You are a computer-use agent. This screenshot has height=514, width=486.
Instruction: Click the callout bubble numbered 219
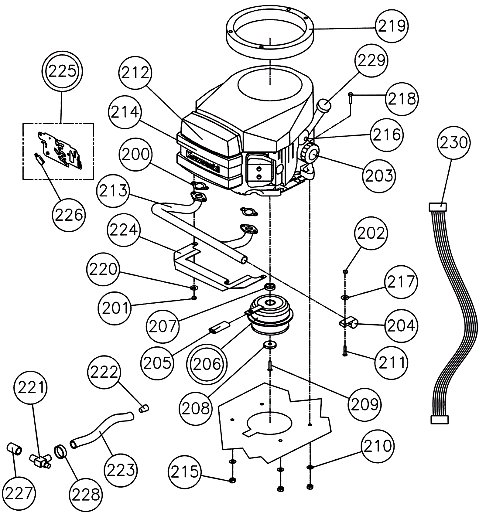pos(392,26)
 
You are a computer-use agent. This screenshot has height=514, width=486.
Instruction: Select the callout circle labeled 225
pos(62,72)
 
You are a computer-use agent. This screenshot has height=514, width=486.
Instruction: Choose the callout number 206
pos(207,364)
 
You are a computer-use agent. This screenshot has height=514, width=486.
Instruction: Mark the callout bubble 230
pos(453,142)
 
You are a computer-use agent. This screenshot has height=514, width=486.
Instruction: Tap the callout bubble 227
pos(19,493)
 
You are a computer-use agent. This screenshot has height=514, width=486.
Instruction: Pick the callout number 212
pos(135,73)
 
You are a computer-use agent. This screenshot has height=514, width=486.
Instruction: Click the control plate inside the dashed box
pos(61,149)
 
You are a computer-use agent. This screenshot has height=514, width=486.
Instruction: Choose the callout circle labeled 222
pos(104,372)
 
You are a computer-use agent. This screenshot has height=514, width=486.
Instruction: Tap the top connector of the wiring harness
pos(438,207)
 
